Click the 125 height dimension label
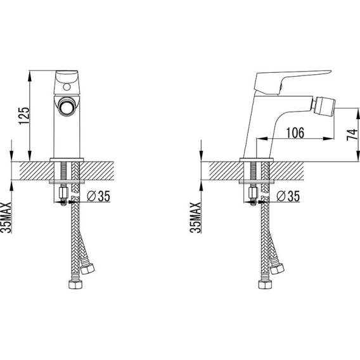tap(24, 116)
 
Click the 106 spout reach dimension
tap(295, 132)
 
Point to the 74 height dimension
tap(352, 135)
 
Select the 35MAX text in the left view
tap(6, 217)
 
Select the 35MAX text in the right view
tap(196, 217)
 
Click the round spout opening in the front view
tap(67, 106)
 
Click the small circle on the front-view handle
tap(67, 87)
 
